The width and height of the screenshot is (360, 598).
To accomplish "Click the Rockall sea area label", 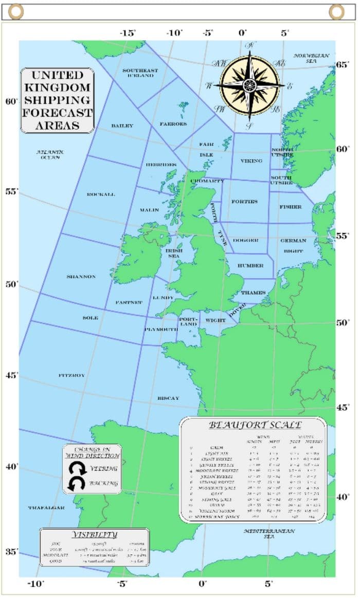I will [101, 195].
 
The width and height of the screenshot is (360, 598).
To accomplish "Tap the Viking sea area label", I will [251, 161].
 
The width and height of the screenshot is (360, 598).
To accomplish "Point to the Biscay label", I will [168, 398].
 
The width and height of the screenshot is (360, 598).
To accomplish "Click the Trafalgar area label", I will [46, 508].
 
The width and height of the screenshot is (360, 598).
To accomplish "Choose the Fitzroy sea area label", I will [72, 376].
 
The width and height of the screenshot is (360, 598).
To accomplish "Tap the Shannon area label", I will [81, 277].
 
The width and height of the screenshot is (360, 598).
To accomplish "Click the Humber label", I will [250, 266].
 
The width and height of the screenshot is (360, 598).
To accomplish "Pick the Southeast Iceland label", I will [140, 73].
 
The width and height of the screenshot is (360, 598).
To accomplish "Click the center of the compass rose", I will [250, 85].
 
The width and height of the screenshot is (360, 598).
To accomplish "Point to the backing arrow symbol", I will [79, 483].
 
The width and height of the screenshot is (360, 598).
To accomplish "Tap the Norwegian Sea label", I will [311, 58].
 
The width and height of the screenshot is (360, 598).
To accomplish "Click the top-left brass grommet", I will [16, 11].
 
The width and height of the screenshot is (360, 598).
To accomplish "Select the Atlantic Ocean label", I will [50, 154].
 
